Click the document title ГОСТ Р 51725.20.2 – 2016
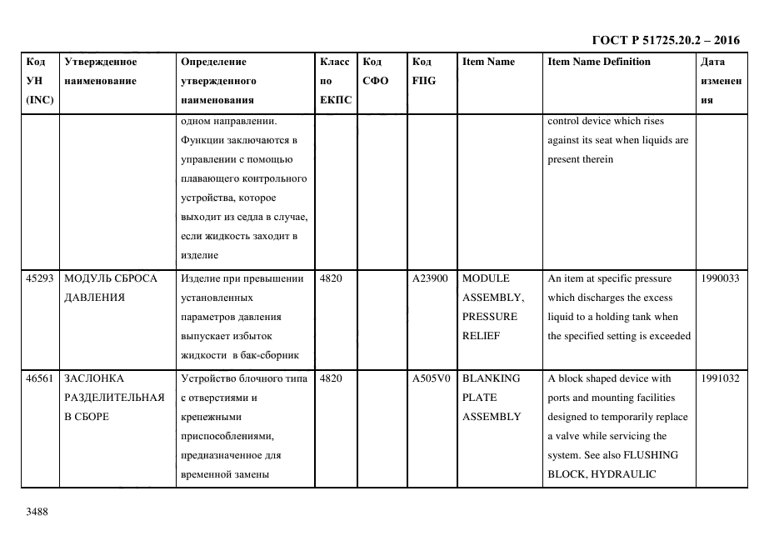click(x=665, y=40)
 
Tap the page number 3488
click(x=37, y=512)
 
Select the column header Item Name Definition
click(x=598, y=62)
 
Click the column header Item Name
click(x=488, y=62)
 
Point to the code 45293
click(x=40, y=278)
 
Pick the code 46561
click(x=40, y=378)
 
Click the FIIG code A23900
click(x=430, y=278)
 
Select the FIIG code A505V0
click(x=430, y=378)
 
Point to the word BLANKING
click(x=491, y=378)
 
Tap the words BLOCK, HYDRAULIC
click(x=602, y=474)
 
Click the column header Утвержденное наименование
click(x=100, y=72)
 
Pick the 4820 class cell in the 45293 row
click(x=331, y=278)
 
